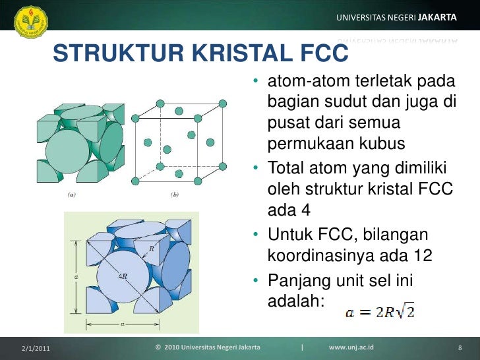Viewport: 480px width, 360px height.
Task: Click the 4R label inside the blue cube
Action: (x=123, y=276)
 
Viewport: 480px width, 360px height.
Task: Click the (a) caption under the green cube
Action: (x=71, y=195)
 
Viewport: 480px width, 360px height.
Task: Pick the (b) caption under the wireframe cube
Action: (x=175, y=195)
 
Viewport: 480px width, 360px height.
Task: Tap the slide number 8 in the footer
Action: (x=459, y=347)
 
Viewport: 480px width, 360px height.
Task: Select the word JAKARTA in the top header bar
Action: (x=437, y=17)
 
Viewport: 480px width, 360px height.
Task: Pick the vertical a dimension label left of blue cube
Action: (x=76, y=277)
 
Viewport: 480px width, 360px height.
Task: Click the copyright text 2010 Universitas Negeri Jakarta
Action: (x=207, y=347)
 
